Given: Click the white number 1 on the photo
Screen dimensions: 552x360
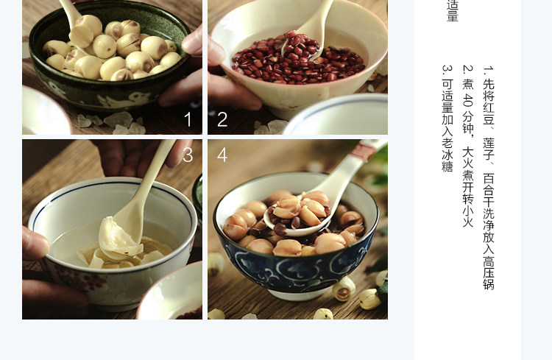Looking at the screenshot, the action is pos(188,119).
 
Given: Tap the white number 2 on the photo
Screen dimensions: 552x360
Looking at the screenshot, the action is pos(222,119).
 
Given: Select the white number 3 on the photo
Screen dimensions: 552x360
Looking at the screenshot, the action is pos(188,155).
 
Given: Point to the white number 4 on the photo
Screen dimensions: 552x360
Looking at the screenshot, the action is pos(222,155).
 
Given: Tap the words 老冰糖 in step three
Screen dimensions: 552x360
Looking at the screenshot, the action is pos(447,155).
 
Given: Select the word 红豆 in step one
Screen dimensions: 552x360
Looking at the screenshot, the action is pos(489,113).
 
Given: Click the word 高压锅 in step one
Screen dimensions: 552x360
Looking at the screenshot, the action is pos(489,272).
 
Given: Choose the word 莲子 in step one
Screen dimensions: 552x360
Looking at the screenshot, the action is pos(489,149).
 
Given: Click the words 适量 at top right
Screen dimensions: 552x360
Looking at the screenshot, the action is pos(453,10).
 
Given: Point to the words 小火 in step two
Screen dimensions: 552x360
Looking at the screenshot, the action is pos(468,216).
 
